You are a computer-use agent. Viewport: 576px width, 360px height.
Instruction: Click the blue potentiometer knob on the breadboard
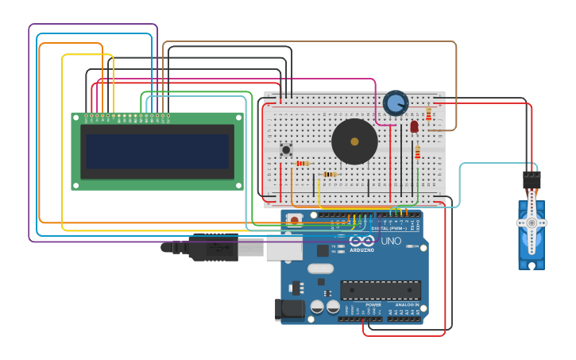point(395,103)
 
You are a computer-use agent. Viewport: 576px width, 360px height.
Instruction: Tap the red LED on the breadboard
point(414,126)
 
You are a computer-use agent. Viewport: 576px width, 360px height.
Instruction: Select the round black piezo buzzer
point(354,141)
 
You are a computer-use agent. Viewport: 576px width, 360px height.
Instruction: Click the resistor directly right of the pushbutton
point(302,163)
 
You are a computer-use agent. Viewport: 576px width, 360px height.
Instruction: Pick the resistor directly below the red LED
point(417,152)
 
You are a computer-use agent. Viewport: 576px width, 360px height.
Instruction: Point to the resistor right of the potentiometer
point(428,115)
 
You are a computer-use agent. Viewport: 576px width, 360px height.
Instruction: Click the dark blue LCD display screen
point(157,151)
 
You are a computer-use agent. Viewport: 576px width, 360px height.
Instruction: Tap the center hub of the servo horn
point(532,223)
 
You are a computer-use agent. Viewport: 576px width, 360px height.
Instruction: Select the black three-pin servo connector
point(532,180)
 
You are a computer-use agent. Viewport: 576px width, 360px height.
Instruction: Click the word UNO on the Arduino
point(391,241)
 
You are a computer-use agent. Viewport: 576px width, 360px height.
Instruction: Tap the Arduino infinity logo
point(361,240)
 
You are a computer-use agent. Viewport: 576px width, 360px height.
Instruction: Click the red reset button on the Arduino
point(295,220)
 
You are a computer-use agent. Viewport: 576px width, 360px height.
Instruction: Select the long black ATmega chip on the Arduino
point(381,290)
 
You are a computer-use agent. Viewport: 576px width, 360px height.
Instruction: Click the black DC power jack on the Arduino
point(288,310)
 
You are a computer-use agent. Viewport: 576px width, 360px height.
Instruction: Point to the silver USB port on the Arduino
point(284,247)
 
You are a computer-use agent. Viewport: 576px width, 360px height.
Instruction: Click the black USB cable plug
point(213,247)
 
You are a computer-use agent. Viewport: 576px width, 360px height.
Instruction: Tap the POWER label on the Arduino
point(373,304)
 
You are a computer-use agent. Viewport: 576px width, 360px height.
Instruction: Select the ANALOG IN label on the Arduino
point(408,304)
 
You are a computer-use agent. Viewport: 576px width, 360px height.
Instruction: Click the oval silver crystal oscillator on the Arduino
point(320,269)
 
